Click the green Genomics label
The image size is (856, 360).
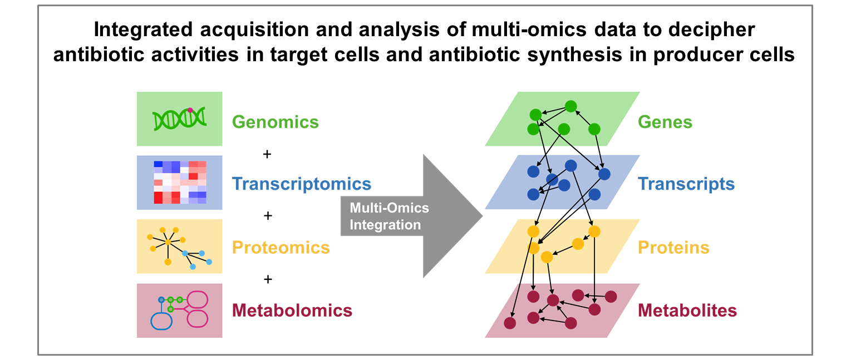click(x=275, y=122)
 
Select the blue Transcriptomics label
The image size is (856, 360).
click(x=302, y=184)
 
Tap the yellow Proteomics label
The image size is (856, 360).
click(x=281, y=248)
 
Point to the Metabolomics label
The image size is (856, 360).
click(x=292, y=310)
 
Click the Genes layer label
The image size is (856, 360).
click(x=665, y=122)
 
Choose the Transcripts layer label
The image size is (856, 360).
click(x=686, y=184)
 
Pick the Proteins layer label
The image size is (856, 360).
click(x=673, y=248)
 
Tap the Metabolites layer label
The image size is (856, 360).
click(x=687, y=310)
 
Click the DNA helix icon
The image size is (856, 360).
click(x=180, y=119)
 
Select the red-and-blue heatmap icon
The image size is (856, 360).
click(x=180, y=183)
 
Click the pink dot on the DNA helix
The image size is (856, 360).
click(x=190, y=110)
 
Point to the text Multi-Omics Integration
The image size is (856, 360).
click(x=389, y=216)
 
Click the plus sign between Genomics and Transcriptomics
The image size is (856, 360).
click(x=267, y=154)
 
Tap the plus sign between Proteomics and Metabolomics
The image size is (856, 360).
click(x=268, y=279)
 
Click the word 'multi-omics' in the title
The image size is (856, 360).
click(x=529, y=29)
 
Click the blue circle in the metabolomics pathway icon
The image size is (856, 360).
click(x=161, y=299)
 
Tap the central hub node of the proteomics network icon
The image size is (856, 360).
click(x=168, y=242)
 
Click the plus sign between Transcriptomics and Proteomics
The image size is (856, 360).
click(x=268, y=216)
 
